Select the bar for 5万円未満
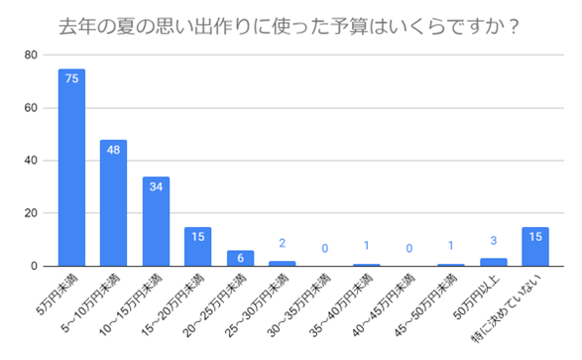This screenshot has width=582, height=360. coord(71,169)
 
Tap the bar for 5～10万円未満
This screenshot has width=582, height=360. coord(113,203)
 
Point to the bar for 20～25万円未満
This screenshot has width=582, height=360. coord(240,259)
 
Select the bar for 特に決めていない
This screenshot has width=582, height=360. coord(535,247)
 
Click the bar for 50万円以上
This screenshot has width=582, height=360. coord(493,263)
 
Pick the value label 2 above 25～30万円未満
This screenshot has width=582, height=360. coord(283,243)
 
